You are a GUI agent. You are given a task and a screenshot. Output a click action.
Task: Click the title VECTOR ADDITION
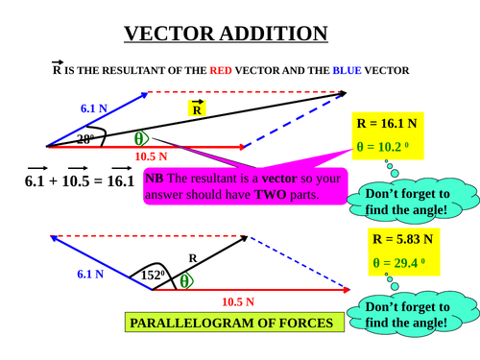click(x=227, y=35)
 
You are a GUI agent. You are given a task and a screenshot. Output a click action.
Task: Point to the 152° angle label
click(x=153, y=275)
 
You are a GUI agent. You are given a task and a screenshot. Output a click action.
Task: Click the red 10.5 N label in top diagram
click(x=151, y=156)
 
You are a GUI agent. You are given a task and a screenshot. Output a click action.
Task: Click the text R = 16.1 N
click(x=387, y=124)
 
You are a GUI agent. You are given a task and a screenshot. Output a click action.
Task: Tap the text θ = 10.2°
click(x=386, y=147)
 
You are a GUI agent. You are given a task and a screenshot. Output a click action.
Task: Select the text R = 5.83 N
click(x=402, y=239)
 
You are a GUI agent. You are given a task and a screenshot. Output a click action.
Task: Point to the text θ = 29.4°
click(x=402, y=261)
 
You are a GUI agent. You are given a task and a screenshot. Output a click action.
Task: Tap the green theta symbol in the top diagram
click(x=141, y=138)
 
